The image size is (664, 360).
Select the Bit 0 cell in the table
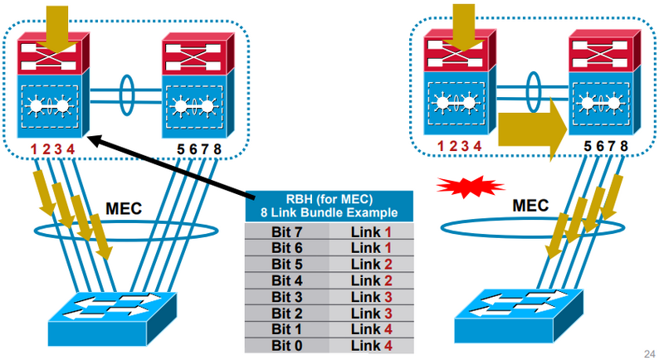click(287, 344)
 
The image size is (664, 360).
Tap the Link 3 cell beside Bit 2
click(371, 312)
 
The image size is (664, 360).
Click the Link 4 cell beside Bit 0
click(371, 344)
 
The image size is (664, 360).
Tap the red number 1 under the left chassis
click(34, 149)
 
